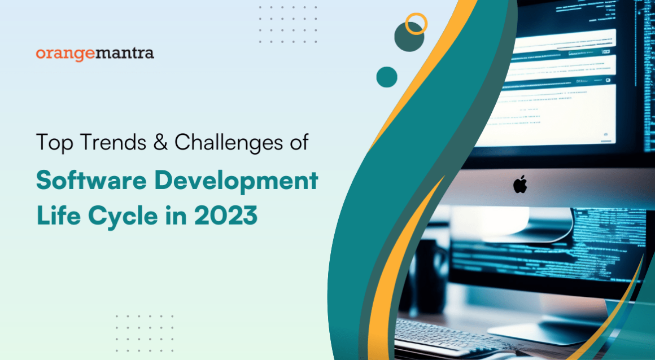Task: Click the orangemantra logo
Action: click(x=94, y=54)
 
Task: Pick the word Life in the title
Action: click(x=56, y=216)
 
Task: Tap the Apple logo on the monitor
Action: click(x=519, y=185)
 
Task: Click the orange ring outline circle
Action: click(x=417, y=24)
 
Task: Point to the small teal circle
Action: click(x=387, y=77)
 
